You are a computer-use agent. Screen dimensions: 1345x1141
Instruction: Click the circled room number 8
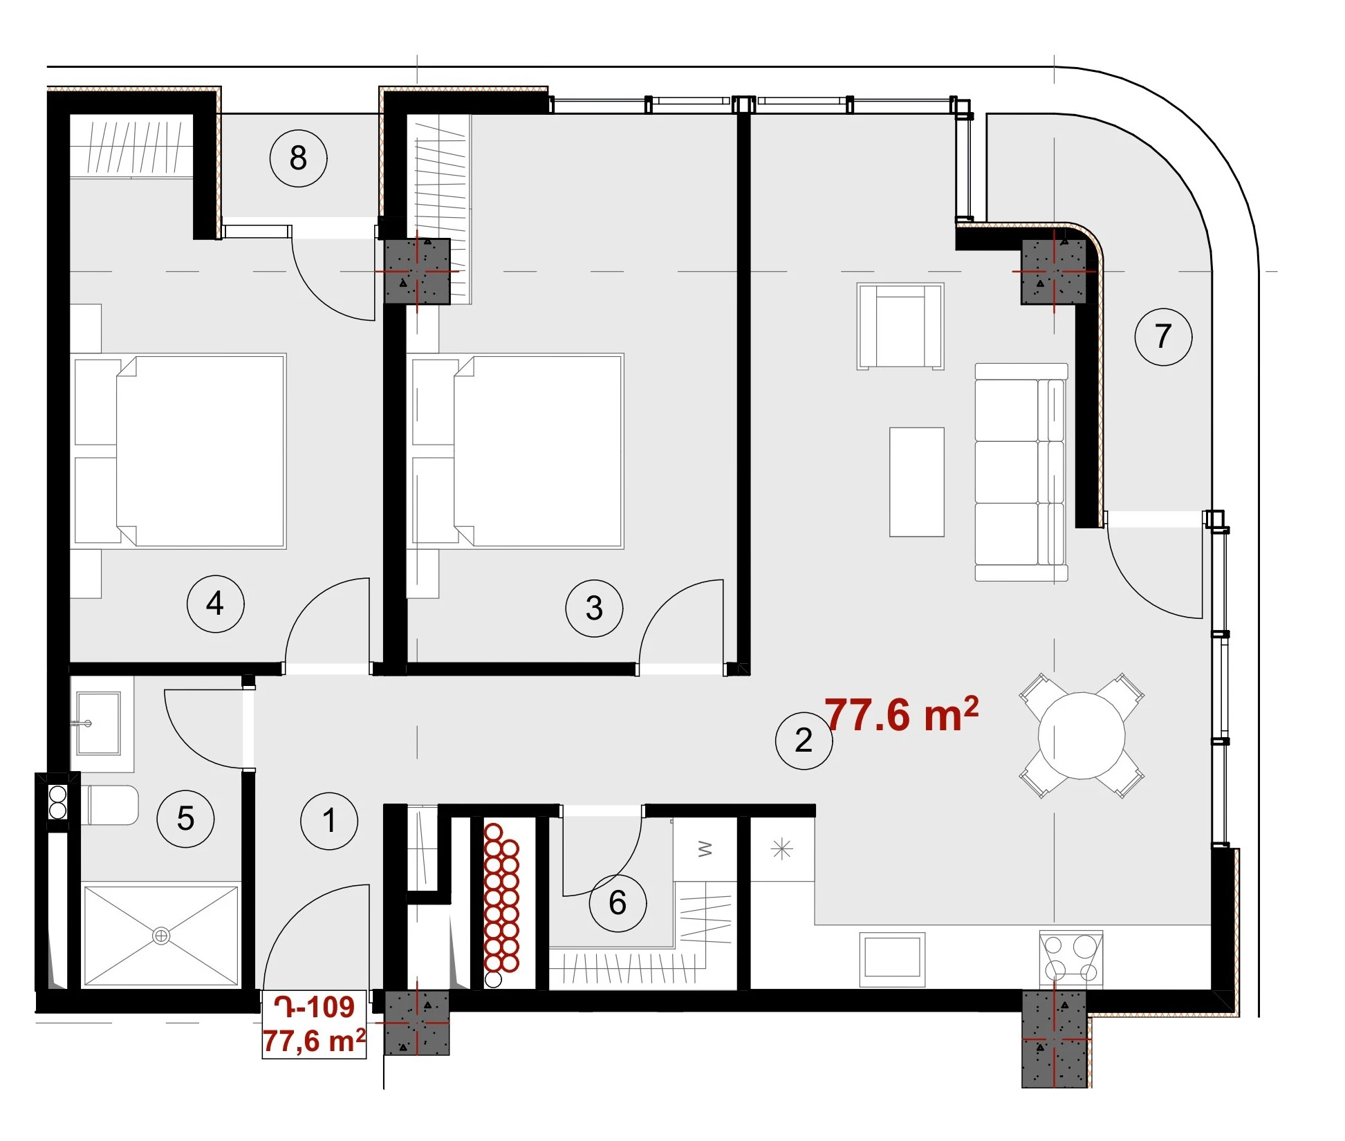pyautogui.click(x=298, y=158)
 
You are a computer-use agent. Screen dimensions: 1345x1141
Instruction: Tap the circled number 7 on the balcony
pyautogui.click(x=1163, y=337)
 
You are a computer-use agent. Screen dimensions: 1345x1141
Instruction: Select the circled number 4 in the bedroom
pyautogui.click(x=215, y=604)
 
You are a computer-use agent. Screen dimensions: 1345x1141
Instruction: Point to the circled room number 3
pyautogui.click(x=594, y=609)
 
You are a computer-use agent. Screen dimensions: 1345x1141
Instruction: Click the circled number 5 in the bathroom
pyautogui.click(x=185, y=819)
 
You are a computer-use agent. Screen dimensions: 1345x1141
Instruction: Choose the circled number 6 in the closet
pyautogui.click(x=618, y=902)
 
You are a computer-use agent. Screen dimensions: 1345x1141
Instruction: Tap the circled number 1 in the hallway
pyautogui.click(x=329, y=821)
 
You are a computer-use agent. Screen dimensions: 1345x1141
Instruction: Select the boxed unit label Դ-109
pyautogui.click(x=315, y=1008)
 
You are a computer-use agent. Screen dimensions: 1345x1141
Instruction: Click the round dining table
pyautogui.click(x=1082, y=736)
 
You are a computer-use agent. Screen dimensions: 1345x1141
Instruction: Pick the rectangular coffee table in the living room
pyautogui.click(x=916, y=482)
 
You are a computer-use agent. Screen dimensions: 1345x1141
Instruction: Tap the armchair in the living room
pyautogui.click(x=900, y=326)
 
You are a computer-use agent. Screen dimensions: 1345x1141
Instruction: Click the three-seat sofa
pyautogui.click(x=1021, y=472)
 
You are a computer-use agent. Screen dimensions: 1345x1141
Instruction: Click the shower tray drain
pyautogui.click(x=161, y=936)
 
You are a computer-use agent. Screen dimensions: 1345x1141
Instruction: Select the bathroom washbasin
pyautogui.click(x=98, y=723)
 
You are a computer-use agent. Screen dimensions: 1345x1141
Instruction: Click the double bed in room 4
pyautogui.click(x=180, y=451)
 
